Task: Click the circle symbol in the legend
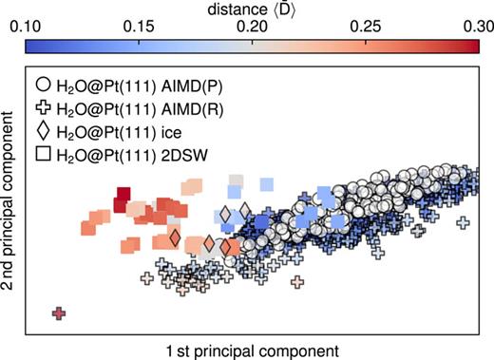tap(41, 82)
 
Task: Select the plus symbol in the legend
tap(41, 105)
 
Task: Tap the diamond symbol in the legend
tap(41, 130)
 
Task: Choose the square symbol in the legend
tap(41, 155)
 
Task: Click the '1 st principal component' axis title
tap(251, 349)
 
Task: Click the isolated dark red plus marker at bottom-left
tap(60, 313)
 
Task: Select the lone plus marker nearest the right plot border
tap(464, 224)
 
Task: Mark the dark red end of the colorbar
tap(473, 46)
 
